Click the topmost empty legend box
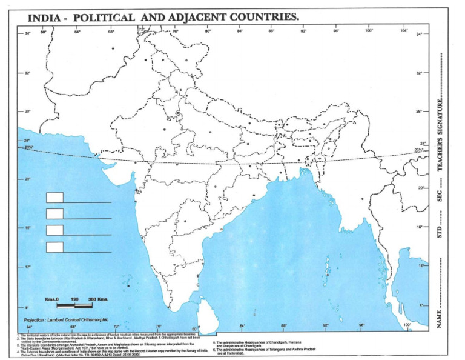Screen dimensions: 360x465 pyautogui.click(x=54, y=197)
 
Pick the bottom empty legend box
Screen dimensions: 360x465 pyautogui.click(x=54, y=247)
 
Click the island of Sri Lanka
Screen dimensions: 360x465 pyautogui.click(x=208, y=313)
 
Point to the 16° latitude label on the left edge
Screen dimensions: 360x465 pyautogui.click(x=28, y=228)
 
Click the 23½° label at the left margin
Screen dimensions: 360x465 pyautogui.click(x=28, y=148)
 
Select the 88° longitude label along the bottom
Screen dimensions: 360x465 pyautogui.click(x=283, y=326)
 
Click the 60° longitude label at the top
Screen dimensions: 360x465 pyautogui.click(x=44, y=31)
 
